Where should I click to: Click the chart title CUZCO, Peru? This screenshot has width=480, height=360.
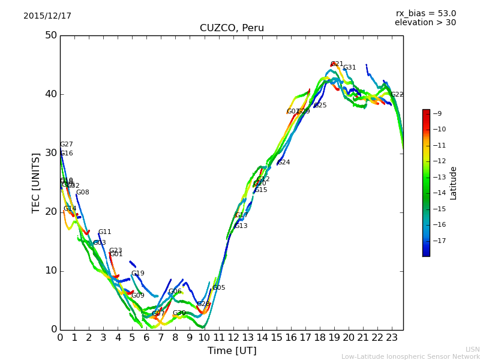pos(232,28)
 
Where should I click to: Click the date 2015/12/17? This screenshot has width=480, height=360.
pos(47,16)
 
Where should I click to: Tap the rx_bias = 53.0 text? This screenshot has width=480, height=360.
pos(425,14)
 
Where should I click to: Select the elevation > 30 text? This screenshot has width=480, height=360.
pos(425,23)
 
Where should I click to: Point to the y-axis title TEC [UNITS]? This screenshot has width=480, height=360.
pos(36,182)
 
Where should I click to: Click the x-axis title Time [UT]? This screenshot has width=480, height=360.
pos(232,351)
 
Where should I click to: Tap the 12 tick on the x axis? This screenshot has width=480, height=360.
pos(233,338)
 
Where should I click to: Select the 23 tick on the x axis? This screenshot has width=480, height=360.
pos(392,338)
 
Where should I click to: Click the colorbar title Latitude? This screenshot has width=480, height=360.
pos(454,183)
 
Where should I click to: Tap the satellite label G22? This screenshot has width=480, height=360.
pos(397,95)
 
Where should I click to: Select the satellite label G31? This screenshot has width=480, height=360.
pos(349,68)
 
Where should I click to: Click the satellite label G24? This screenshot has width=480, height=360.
pos(284,163)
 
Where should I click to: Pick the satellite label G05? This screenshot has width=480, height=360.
pos(218,288)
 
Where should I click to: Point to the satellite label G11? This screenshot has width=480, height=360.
pos(104,232)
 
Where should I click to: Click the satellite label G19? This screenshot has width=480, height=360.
pos(137,274)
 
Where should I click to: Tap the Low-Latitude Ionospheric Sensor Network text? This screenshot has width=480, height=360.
pos(410,356)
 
